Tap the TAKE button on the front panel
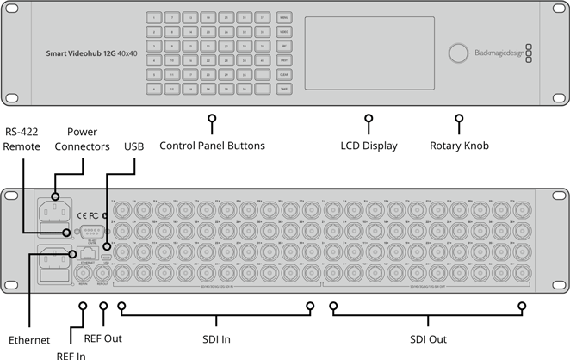(x=283, y=89)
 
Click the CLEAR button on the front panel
(x=283, y=75)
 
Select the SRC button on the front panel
(x=283, y=46)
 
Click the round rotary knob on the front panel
(x=456, y=53)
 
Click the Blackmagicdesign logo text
(x=499, y=53)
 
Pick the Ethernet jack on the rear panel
(x=86, y=255)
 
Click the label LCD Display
(x=369, y=146)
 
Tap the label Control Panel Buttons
(x=212, y=146)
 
